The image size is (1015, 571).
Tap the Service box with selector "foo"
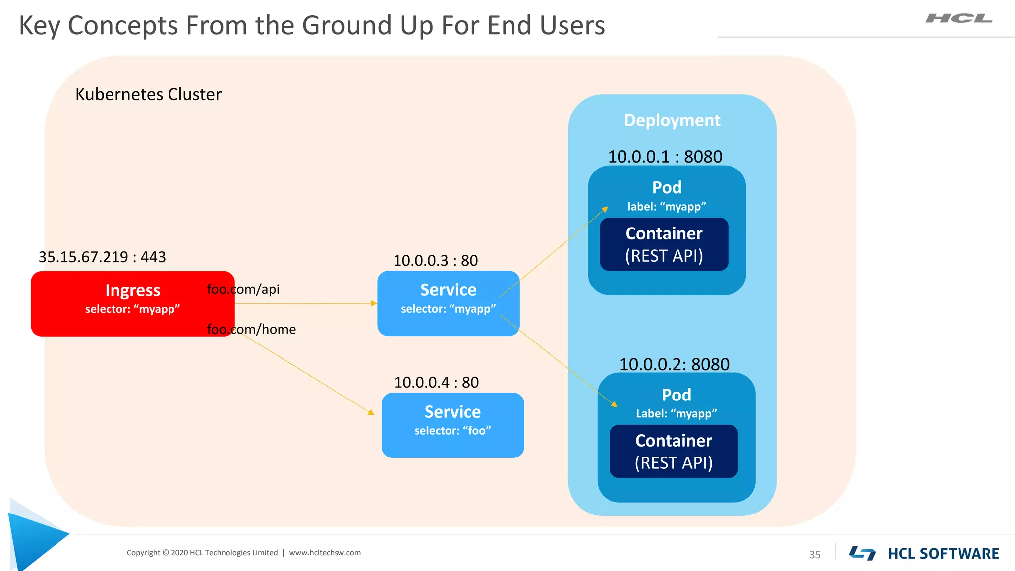click(x=452, y=425)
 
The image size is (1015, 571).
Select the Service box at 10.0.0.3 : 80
click(x=448, y=303)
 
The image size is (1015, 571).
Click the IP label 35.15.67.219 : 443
click(x=102, y=257)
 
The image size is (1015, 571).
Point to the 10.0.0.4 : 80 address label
click(x=436, y=382)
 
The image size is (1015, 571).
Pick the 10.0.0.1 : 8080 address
click(x=665, y=157)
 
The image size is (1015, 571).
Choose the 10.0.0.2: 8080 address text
click(x=674, y=364)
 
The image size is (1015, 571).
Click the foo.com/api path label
click(x=243, y=289)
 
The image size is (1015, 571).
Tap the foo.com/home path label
click(x=251, y=329)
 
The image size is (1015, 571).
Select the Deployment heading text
click(x=672, y=120)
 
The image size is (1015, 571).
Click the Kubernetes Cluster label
click(x=148, y=94)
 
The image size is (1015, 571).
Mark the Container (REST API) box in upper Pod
click(x=664, y=244)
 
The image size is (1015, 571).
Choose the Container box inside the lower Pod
click(x=674, y=452)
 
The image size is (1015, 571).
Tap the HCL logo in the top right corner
click(x=959, y=19)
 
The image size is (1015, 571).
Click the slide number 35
click(x=815, y=555)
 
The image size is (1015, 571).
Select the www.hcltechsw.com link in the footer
click(x=325, y=553)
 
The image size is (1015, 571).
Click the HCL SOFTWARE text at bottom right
click(x=943, y=554)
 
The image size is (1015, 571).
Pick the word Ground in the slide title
click(x=344, y=25)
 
